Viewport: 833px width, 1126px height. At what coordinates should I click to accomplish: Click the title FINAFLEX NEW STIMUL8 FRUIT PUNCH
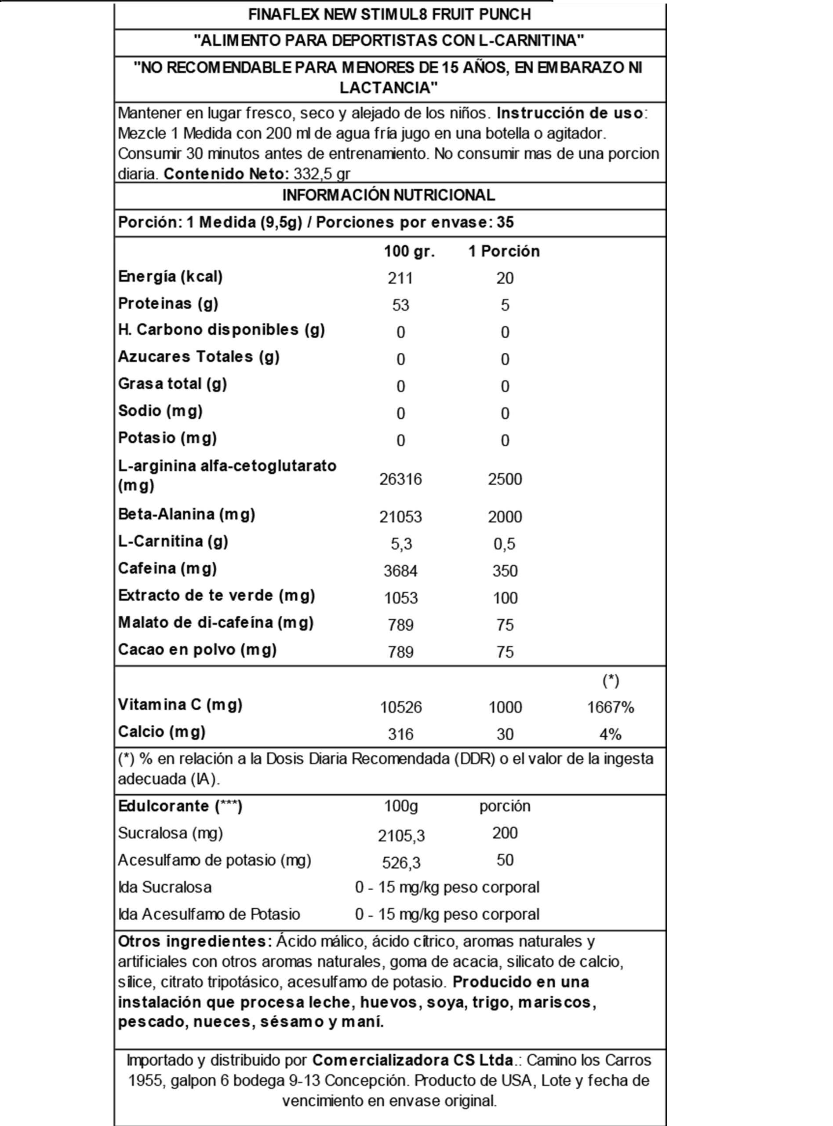(389, 15)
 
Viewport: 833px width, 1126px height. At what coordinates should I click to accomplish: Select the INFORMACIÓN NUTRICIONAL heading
(388, 195)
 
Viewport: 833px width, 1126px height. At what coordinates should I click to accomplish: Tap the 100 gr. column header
(409, 251)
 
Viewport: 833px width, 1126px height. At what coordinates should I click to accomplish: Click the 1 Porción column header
(504, 251)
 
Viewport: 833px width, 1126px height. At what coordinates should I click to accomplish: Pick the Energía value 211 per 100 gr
(400, 278)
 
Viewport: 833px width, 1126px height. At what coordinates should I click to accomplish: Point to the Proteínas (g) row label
(168, 303)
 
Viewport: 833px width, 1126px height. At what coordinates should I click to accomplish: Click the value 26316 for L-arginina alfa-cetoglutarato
(400, 479)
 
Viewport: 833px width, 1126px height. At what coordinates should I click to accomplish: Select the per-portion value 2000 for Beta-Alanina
(505, 516)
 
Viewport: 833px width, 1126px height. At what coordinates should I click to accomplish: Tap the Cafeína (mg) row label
(167, 569)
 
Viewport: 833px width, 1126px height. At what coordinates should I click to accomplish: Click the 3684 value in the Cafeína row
(400, 570)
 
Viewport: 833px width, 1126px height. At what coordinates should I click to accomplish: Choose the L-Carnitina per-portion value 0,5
(505, 544)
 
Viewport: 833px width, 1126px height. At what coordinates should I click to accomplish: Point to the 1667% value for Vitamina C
(610, 707)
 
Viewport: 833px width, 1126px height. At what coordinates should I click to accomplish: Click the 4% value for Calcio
(610, 734)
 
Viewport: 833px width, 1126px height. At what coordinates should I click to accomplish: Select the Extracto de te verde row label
(216, 596)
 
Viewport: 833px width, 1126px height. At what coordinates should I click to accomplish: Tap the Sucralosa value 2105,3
(401, 836)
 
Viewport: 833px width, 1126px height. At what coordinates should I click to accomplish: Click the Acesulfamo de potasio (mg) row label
(215, 860)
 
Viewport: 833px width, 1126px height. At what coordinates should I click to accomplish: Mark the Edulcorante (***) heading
(180, 806)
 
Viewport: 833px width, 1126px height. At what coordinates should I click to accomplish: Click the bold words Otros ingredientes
(195, 941)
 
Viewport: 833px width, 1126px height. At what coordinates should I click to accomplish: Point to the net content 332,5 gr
(322, 174)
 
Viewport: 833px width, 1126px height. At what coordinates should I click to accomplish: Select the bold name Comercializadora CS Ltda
(413, 1060)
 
